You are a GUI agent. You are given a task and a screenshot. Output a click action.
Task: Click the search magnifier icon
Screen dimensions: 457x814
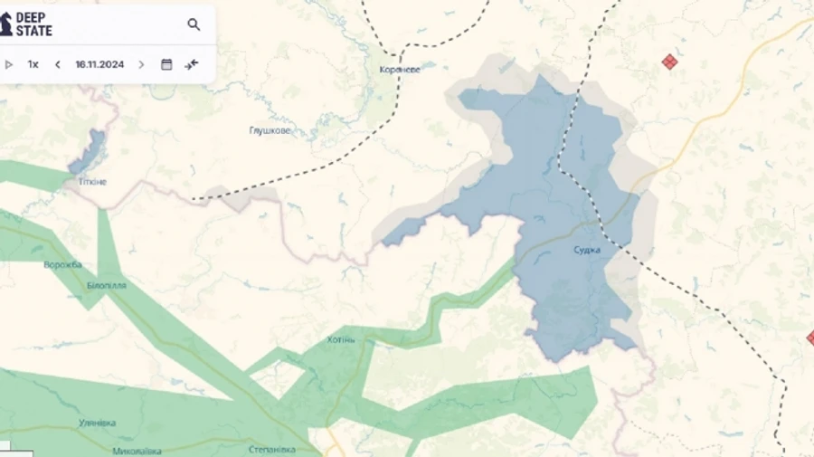coord(194,24)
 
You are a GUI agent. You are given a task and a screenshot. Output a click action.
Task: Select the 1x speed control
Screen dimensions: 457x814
coord(33,64)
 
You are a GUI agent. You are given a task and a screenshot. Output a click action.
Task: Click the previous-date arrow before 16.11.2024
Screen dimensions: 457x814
coord(58,64)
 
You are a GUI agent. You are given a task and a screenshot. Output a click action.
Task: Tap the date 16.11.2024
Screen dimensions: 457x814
coord(99,64)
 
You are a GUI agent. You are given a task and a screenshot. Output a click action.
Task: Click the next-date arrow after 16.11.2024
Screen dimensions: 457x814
coord(141,64)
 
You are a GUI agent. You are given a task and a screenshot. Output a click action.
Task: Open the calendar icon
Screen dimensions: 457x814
coord(166,64)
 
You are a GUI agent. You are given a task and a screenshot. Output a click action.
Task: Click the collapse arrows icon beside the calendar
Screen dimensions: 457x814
coord(192,64)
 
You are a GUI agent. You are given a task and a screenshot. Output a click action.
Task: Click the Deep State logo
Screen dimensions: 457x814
coord(26,24)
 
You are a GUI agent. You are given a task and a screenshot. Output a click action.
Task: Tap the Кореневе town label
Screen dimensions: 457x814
coord(400,69)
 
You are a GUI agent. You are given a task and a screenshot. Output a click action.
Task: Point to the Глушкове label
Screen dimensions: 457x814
coord(270,130)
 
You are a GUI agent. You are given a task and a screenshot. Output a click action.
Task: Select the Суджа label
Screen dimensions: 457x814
coord(586,250)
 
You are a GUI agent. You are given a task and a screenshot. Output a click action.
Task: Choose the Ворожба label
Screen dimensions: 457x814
coord(62,264)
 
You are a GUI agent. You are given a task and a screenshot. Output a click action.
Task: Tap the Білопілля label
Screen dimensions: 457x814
coord(107,285)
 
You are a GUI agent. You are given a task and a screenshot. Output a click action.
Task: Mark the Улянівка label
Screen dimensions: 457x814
coord(97,423)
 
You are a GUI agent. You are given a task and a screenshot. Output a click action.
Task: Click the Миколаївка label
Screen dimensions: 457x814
coord(137,451)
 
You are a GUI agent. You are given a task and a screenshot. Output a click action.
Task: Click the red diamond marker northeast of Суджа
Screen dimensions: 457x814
coord(669,62)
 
